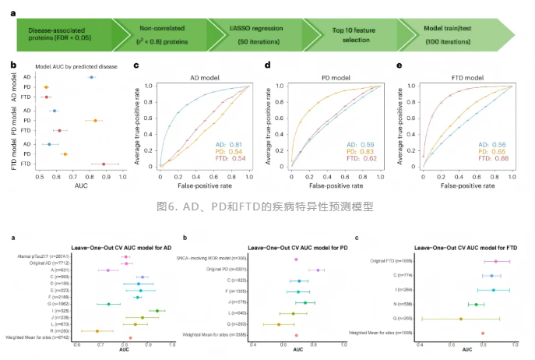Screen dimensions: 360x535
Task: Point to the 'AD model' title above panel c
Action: (204, 78)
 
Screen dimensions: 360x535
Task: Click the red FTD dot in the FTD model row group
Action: (104, 164)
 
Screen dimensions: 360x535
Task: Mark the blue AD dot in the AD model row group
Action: (91, 77)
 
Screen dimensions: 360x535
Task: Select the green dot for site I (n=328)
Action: (157, 311)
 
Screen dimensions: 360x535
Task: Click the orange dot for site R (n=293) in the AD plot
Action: (97, 331)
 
